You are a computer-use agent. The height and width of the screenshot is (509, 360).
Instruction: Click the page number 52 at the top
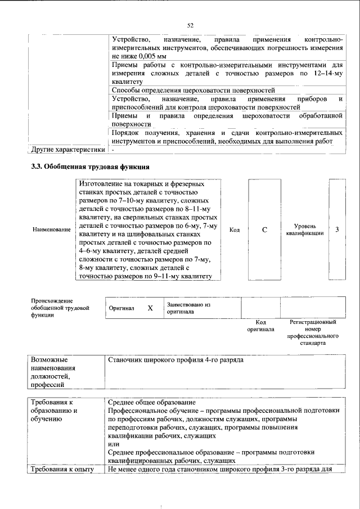pyautogui.click(x=190, y=25)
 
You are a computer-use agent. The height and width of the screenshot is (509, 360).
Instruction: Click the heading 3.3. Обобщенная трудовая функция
pyautogui.click(x=90, y=167)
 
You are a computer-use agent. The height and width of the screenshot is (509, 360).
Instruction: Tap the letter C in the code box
pyautogui.click(x=264, y=229)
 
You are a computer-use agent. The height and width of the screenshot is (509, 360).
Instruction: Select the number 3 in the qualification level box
pyautogui.click(x=336, y=229)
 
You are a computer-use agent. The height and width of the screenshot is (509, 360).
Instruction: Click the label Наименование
pyautogui.click(x=52, y=229)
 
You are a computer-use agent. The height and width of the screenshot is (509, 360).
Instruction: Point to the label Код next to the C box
pyautogui.click(x=235, y=229)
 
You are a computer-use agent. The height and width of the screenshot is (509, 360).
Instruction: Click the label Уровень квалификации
pyautogui.click(x=304, y=229)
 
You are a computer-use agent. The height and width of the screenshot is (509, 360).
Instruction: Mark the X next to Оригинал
pyautogui.click(x=150, y=308)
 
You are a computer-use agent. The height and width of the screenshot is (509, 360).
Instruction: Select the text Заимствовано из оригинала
pyautogui.click(x=188, y=308)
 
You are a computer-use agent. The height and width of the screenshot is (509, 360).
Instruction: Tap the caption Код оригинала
pyautogui.click(x=260, y=326)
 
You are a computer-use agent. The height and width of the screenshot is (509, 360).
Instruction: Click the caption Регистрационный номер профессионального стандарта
pyautogui.click(x=313, y=332)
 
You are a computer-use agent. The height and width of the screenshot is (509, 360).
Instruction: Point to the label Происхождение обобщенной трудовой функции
pyautogui.click(x=60, y=308)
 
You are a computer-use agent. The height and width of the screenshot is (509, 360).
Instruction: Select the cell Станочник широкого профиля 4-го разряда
pyautogui.click(x=175, y=359)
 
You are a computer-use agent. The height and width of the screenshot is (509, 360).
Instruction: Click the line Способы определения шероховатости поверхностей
pyautogui.click(x=193, y=90)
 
